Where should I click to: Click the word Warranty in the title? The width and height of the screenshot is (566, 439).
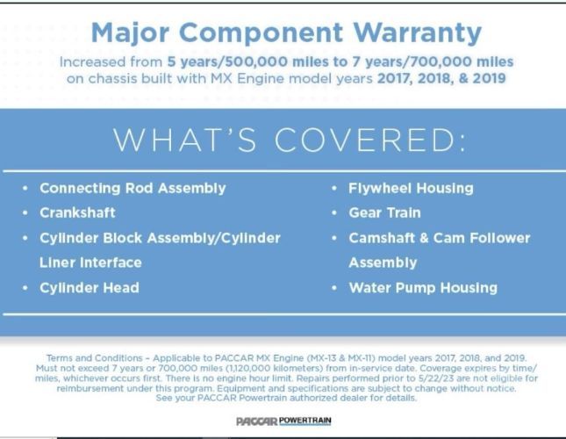click(x=417, y=33)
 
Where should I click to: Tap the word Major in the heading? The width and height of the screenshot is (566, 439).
click(x=130, y=33)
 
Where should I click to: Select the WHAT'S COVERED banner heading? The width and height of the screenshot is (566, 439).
click(x=290, y=140)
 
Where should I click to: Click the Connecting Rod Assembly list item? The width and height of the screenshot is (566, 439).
click(x=133, y=189)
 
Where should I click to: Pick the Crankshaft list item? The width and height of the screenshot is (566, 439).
click(x=77, y=212)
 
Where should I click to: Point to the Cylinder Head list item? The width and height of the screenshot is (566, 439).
click(x=90, y=288)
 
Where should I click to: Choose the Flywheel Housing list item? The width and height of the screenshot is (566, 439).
click(x=411, y=189)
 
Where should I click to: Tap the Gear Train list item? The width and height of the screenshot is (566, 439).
click(x=385, y=212)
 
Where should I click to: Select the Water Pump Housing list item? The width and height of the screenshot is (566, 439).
click(x=423, y=288)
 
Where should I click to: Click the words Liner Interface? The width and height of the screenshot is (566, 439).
click(x=90, y=263)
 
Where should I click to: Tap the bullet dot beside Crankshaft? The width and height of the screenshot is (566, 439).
click(x=25, y=213)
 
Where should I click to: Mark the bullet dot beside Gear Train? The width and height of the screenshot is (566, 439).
click(x=334, y=213)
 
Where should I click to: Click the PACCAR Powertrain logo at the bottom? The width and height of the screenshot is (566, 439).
click(x=283, y=421)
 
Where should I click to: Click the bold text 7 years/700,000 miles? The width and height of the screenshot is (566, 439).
click(x=433, y=61)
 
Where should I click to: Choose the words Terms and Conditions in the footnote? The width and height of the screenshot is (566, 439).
click(x=95, y=358)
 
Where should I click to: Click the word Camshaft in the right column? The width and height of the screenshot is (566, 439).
click(x=382, y=238)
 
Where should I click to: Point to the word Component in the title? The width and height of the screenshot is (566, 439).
click(x=261, y=33)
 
